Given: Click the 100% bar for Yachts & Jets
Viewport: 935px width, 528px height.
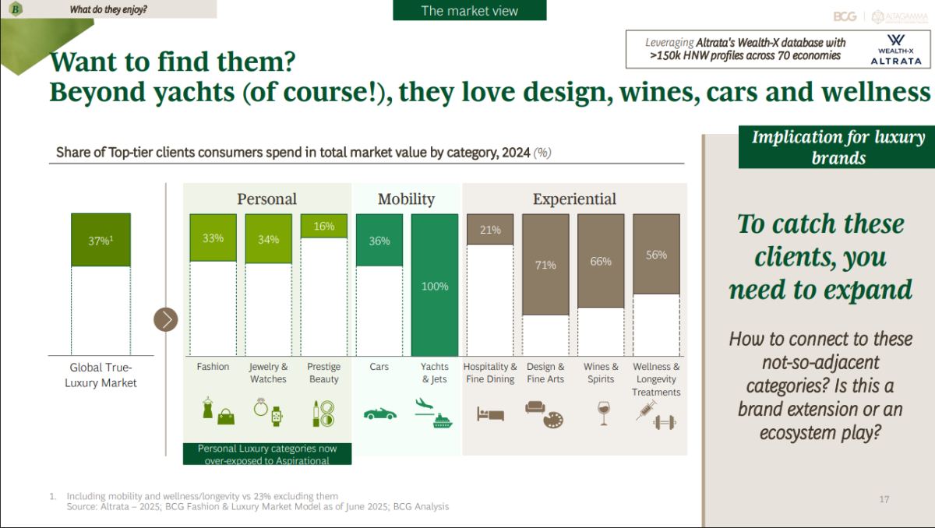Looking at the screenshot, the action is [x=435, y=285].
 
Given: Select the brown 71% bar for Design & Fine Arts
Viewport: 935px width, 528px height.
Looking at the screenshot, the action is [x=545, y=265].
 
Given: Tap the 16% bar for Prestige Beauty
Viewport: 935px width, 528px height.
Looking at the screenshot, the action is [x=324, y=226].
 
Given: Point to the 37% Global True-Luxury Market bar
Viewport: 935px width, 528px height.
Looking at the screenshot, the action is [x=101, y=240].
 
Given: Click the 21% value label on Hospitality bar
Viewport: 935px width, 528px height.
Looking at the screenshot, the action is [x=490, y=230].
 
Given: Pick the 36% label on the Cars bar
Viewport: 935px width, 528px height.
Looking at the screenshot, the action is [x=379, y=241].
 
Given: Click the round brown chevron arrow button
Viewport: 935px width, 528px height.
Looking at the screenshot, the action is [x=166, y=320].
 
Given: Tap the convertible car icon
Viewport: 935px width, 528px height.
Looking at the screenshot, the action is [x=380, y=414].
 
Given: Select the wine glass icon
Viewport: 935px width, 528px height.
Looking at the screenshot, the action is [x=603, y=414].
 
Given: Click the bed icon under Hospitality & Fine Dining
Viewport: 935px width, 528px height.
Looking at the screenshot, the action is [x=490, y=414].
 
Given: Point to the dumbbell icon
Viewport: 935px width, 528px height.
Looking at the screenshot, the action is [x=665, y=423].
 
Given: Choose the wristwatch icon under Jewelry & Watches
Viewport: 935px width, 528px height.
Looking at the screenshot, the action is [x=277, y=416].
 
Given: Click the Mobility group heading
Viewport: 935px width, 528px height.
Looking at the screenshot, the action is [x=406, y=199].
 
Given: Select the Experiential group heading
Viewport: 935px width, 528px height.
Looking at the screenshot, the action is [x=574, y=199].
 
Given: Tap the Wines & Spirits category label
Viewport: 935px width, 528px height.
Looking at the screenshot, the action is [x=601, y=373].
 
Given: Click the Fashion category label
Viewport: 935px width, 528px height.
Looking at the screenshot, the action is [x=213, y=367].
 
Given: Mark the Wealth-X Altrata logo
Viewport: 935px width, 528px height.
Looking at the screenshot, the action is [x=896, y=50].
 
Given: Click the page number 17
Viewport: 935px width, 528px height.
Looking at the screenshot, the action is [x=884, y=499].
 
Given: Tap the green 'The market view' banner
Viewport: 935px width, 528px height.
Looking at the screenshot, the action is [x=470, y=10].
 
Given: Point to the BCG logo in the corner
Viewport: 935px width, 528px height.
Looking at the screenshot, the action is [x=845, y=16].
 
